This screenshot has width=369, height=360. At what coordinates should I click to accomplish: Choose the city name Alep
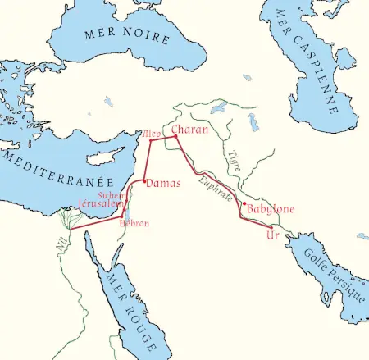152,133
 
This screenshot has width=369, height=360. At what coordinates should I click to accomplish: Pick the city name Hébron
134,223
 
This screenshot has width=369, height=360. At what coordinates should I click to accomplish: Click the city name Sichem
112,195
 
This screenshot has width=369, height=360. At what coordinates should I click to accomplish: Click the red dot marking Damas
144,180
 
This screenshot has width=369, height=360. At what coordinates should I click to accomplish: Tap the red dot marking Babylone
244,203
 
